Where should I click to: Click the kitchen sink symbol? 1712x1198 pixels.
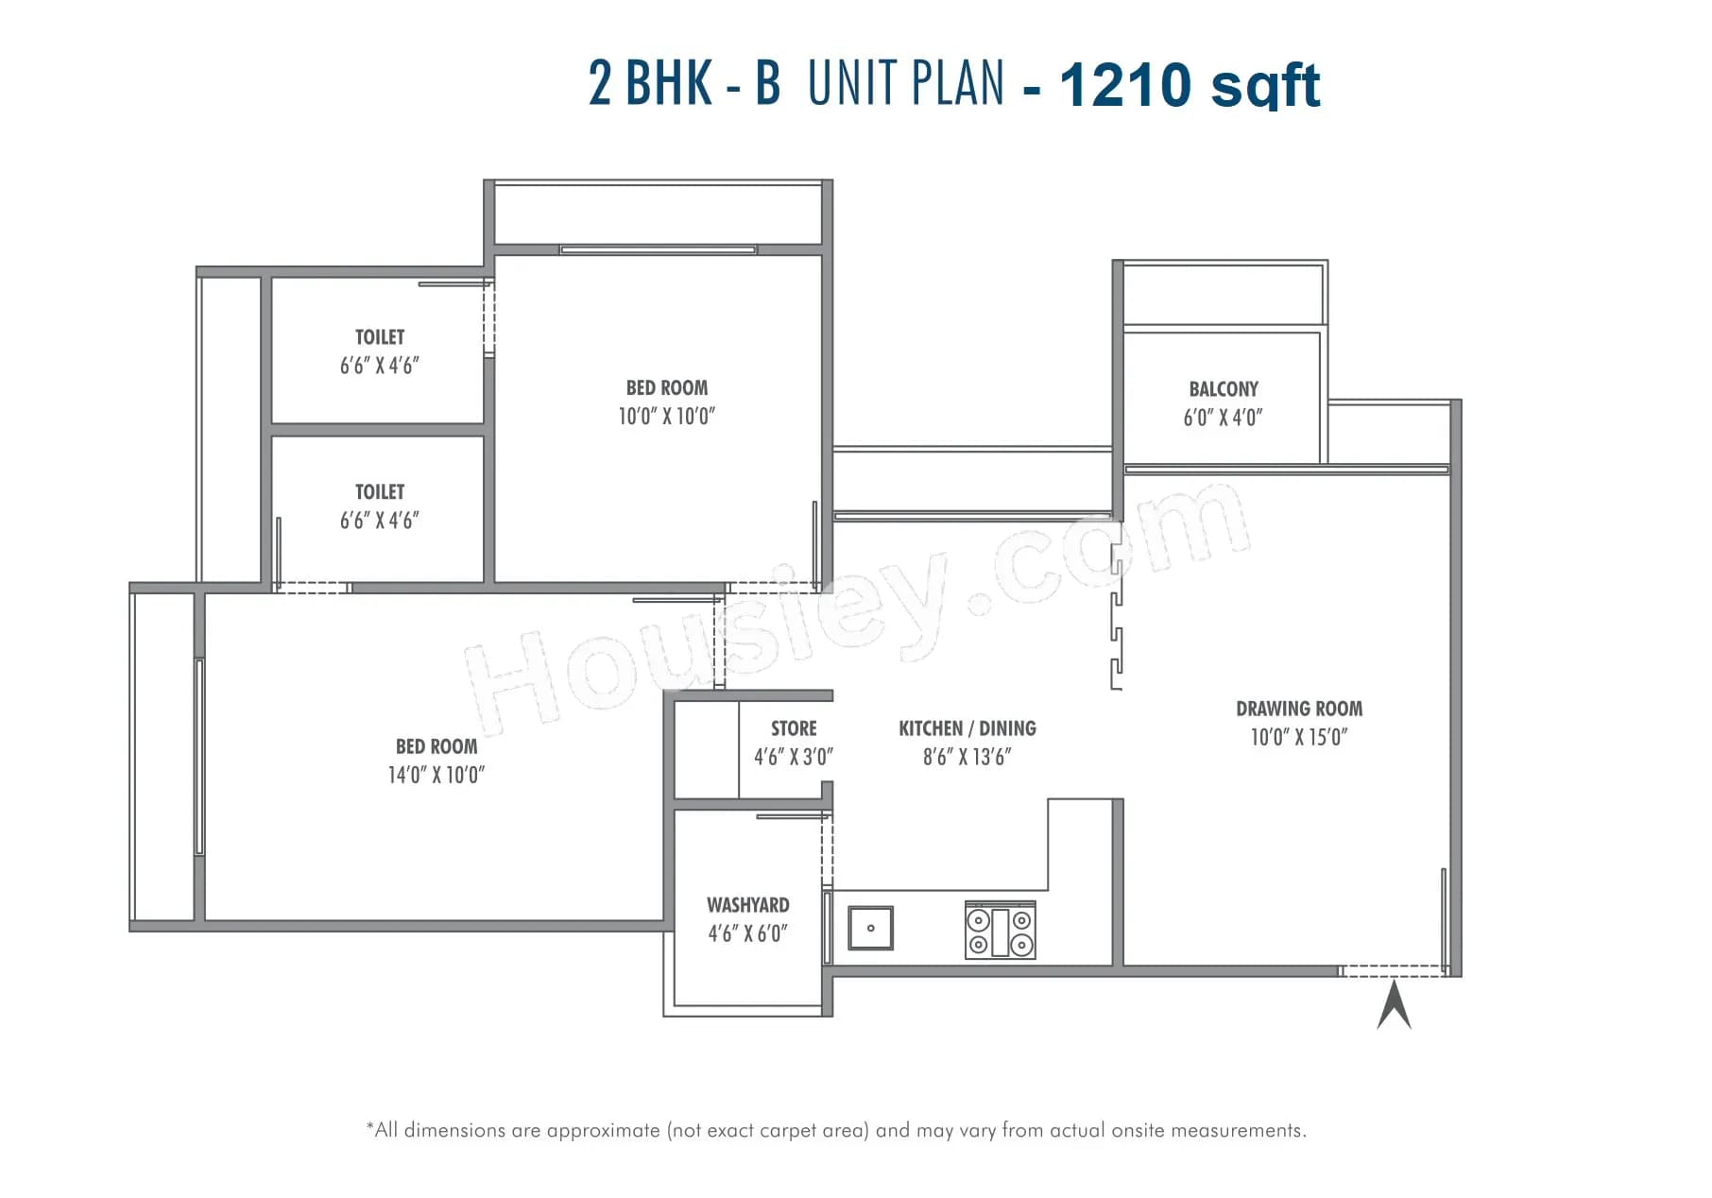coord(870,928)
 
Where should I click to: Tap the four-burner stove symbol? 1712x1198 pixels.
coord(1000,931)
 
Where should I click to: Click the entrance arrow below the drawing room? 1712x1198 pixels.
coord(1394,1005)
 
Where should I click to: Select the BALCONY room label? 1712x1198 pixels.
coord(1224,389)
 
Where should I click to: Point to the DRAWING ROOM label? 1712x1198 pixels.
coord(1299,709)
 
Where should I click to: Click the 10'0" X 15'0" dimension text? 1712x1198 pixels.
coord(1299,738)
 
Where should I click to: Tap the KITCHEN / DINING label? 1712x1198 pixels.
coord(967,728)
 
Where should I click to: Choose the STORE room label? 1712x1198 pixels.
coord(794,728)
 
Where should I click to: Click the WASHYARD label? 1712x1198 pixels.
coord(747,905)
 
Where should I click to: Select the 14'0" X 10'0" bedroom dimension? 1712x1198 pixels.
coord(436,776)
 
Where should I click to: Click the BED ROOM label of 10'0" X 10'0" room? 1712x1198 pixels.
coord(666,388)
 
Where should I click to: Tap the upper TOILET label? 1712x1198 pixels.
coord(380,337)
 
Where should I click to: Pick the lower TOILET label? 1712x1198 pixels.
coord(380,492)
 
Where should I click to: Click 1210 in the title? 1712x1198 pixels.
coord(1125,85)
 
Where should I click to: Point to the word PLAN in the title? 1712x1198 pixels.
coord(954,83)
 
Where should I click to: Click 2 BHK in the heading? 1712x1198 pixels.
coord(650,83)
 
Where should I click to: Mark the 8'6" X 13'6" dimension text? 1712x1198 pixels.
coord(967,757)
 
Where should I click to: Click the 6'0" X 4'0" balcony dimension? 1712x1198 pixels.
coord(1223,418)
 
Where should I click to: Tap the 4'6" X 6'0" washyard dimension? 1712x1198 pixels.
coord(747,933)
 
